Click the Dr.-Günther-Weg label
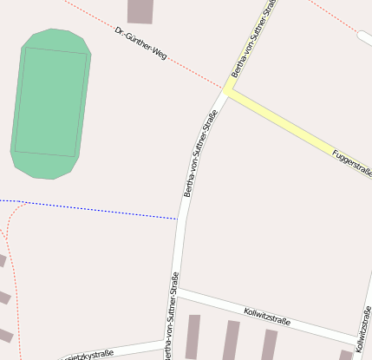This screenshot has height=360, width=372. tap(140, 43)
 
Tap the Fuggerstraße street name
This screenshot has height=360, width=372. tap(352, 165)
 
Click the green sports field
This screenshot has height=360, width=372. tap(50, 104)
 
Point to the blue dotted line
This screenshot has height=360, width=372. tap(95, 209)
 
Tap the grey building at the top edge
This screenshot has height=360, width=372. tap(140, 10)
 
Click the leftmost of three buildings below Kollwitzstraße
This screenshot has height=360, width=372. tap(192, 337)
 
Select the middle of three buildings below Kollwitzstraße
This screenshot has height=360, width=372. tap(231, 340)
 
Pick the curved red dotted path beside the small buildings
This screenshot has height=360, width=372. tap(12, 278)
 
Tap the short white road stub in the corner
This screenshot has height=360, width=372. tap(364, 38)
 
